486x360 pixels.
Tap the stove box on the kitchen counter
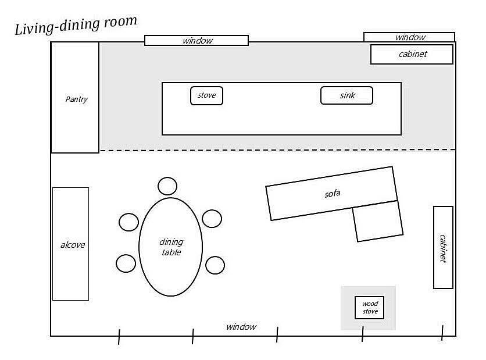(206, 95)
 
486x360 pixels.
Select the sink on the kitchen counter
(346, 95)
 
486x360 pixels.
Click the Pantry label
(76, 99)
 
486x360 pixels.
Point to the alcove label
(73, 245)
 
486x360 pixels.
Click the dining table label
(171, 247)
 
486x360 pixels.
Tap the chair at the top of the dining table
(167, 186)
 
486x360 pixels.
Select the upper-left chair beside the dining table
(128, 222)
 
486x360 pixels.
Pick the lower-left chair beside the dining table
(126, 263)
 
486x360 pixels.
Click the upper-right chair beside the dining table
(212, 219)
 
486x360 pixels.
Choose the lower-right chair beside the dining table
(215, 265)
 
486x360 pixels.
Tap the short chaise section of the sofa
(378, 221)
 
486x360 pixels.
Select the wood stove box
(370, 308)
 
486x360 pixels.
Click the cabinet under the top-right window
(412, 55)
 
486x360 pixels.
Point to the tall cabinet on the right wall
(443, 247)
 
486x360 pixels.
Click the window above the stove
(196, 41)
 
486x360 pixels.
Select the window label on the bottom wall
(241, 327)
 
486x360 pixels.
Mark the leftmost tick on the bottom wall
(119, 337)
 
